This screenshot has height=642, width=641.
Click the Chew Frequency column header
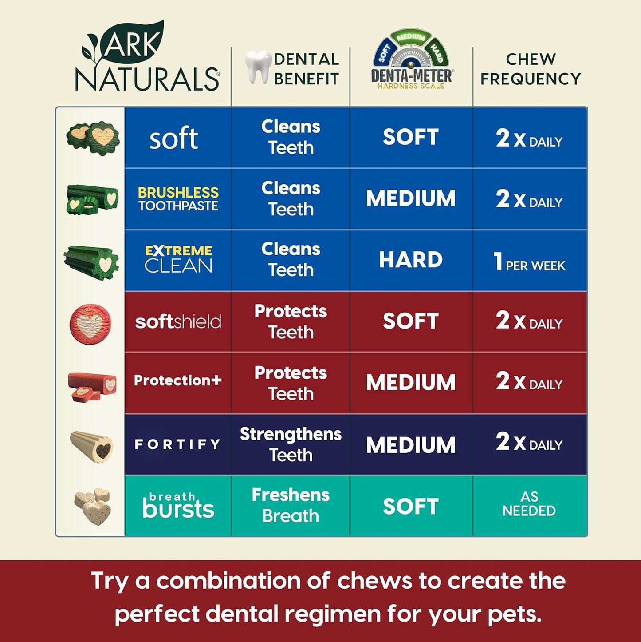click(x=531, y=69)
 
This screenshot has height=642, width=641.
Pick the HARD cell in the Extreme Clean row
click(x=411, y=260)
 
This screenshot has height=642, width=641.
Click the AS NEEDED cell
click(x=529, y=504)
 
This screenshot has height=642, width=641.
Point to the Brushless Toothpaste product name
click(x=178, y=198)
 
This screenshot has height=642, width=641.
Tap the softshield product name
click(x=178, y=321)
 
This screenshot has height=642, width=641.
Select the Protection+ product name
click(x=178, y=380)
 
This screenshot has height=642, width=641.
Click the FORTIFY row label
click(x=177, y=444)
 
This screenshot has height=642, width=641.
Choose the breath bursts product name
click(x=178, y=506)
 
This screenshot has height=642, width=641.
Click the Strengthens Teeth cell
click(x=291, y=444)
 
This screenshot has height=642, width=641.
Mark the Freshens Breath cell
click(x=291, y=505)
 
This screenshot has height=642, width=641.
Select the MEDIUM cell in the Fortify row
click(x=411, y=445)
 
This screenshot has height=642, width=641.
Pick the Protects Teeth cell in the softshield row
click(x=291, y=321)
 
